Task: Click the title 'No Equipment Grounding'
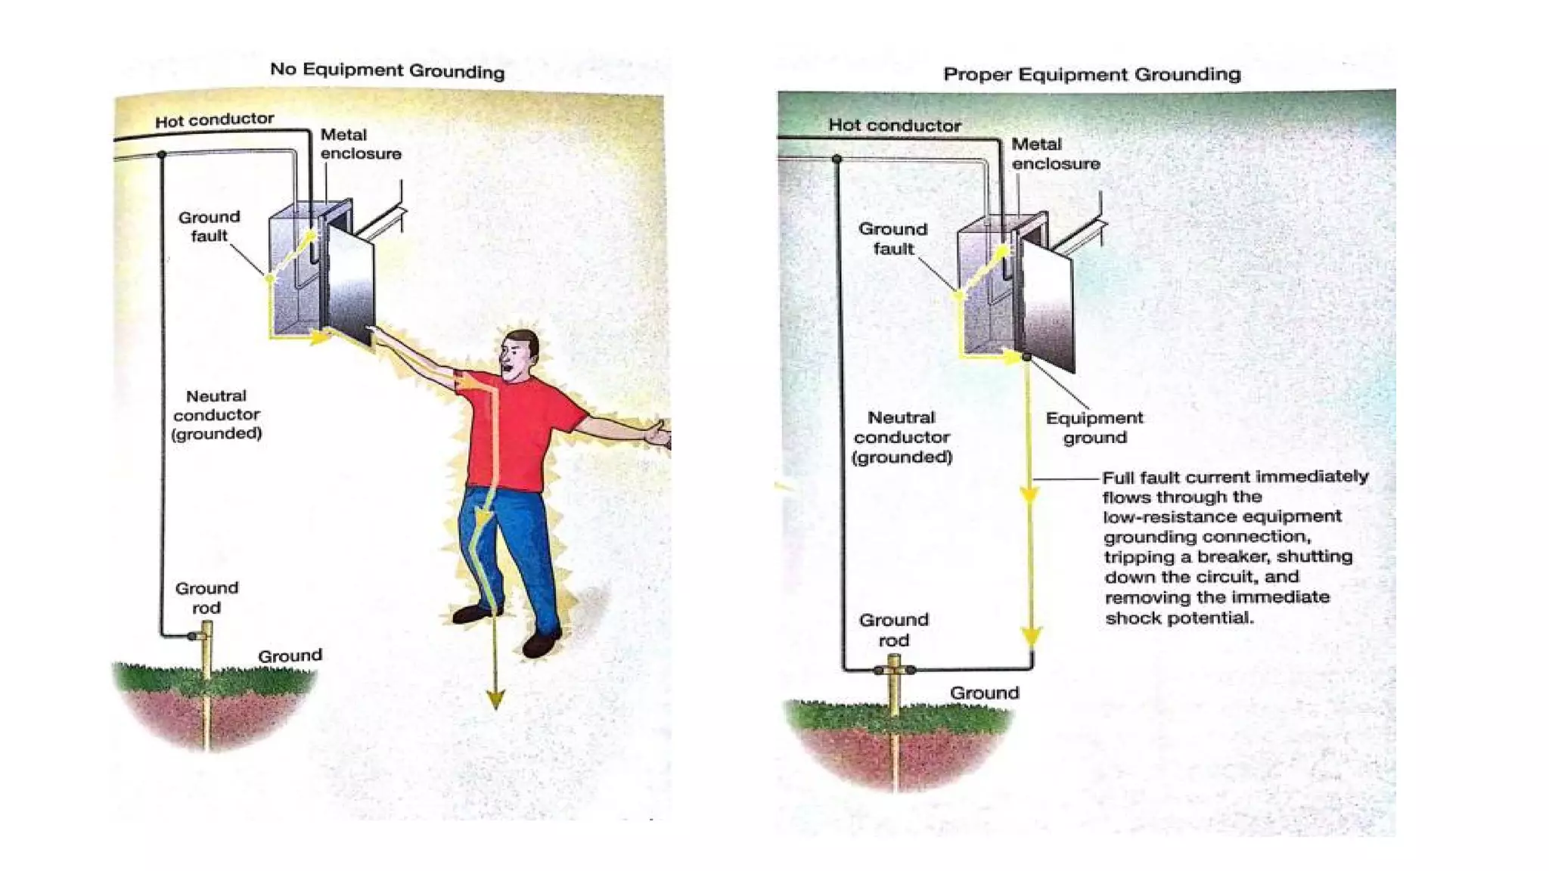pyautogui.click(x=387, y=70)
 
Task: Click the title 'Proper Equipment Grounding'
pyautogui.click(x=1091, y=74)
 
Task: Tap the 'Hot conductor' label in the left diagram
pyautogui.click(x=214, y=119)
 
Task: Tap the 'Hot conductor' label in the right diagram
pyautogui.click(x=895, y=125)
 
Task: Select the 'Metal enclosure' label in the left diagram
pyautogui.click(x=360, y=144)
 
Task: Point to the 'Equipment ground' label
pyautogui.click(x=1094, y=427)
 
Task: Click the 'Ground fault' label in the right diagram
pyautogui.click(x=892, y=238)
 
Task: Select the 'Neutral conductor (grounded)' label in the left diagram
pyautogui.click(x=216, y=414)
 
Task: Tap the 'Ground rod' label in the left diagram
pyautogui.click(x=206, y=597)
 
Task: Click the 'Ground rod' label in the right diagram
pyautogui.click(x=893, y=629)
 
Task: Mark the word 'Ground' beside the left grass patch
pyautogui.click(x=290, y=656)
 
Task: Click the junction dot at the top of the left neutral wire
pyautogui.click(x=162, y=155)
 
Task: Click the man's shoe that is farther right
pyautogui.click(x=542, y=644)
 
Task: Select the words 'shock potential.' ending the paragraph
pyautogui.click(x=1179, y=618)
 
